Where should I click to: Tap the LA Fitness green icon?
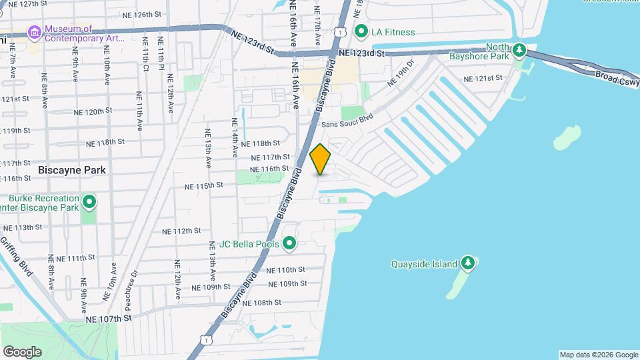tap(362, 31)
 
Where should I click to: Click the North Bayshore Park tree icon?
tap(519, 51)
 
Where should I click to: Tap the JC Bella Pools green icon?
tap(289, 245)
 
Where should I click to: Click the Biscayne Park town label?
tap(72, 170)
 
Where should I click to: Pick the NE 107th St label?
tap(109, 319)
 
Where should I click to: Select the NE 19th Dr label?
tap(401, 74)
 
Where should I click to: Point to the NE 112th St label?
tap(181, 231)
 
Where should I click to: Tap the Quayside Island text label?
tap(424, 264)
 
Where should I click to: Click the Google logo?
tap(22, 351)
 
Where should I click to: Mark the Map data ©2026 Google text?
tap(598, 355)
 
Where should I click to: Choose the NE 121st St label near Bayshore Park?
tap(484, 78)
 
